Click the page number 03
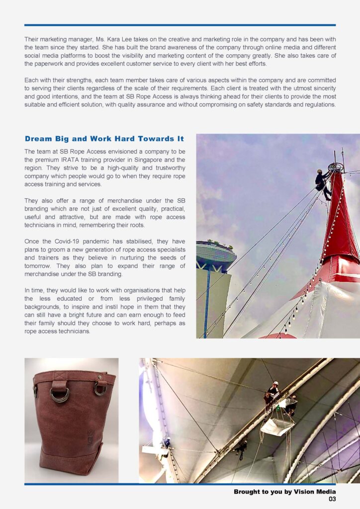[x=332, y=499]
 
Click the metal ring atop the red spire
[x=336, y=167]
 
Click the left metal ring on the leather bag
[x=60, y=395]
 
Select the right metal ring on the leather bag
[x=100, y=389]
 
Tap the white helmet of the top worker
[x=274, y=384]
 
